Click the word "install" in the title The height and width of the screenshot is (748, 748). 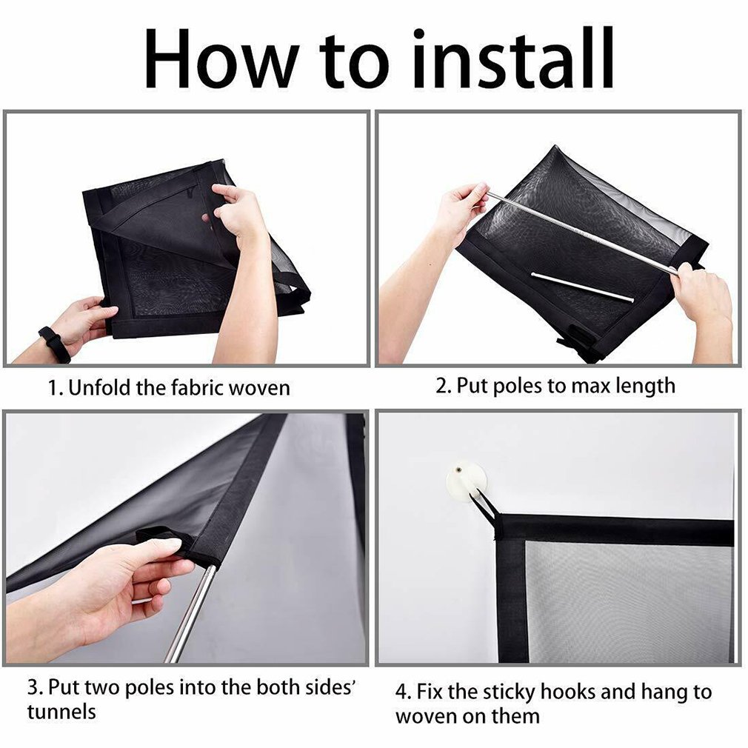[x=513, y=59]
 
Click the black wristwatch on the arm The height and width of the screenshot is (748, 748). [x=55, y=343]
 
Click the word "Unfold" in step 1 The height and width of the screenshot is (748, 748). [x=99, y=387]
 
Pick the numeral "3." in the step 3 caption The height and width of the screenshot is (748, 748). [x=36, y=688]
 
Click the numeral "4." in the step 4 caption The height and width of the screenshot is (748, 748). [x=404, y=692]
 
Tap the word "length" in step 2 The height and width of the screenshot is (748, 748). [x=646, y=387]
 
